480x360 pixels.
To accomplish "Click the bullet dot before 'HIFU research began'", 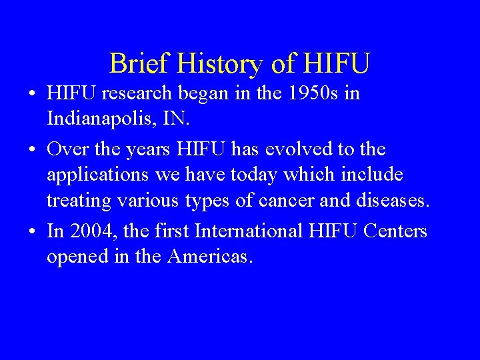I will pyautogui.click(x=33, y=95).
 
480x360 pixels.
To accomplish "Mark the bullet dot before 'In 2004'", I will pyautogui.click(x=33, y=231).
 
